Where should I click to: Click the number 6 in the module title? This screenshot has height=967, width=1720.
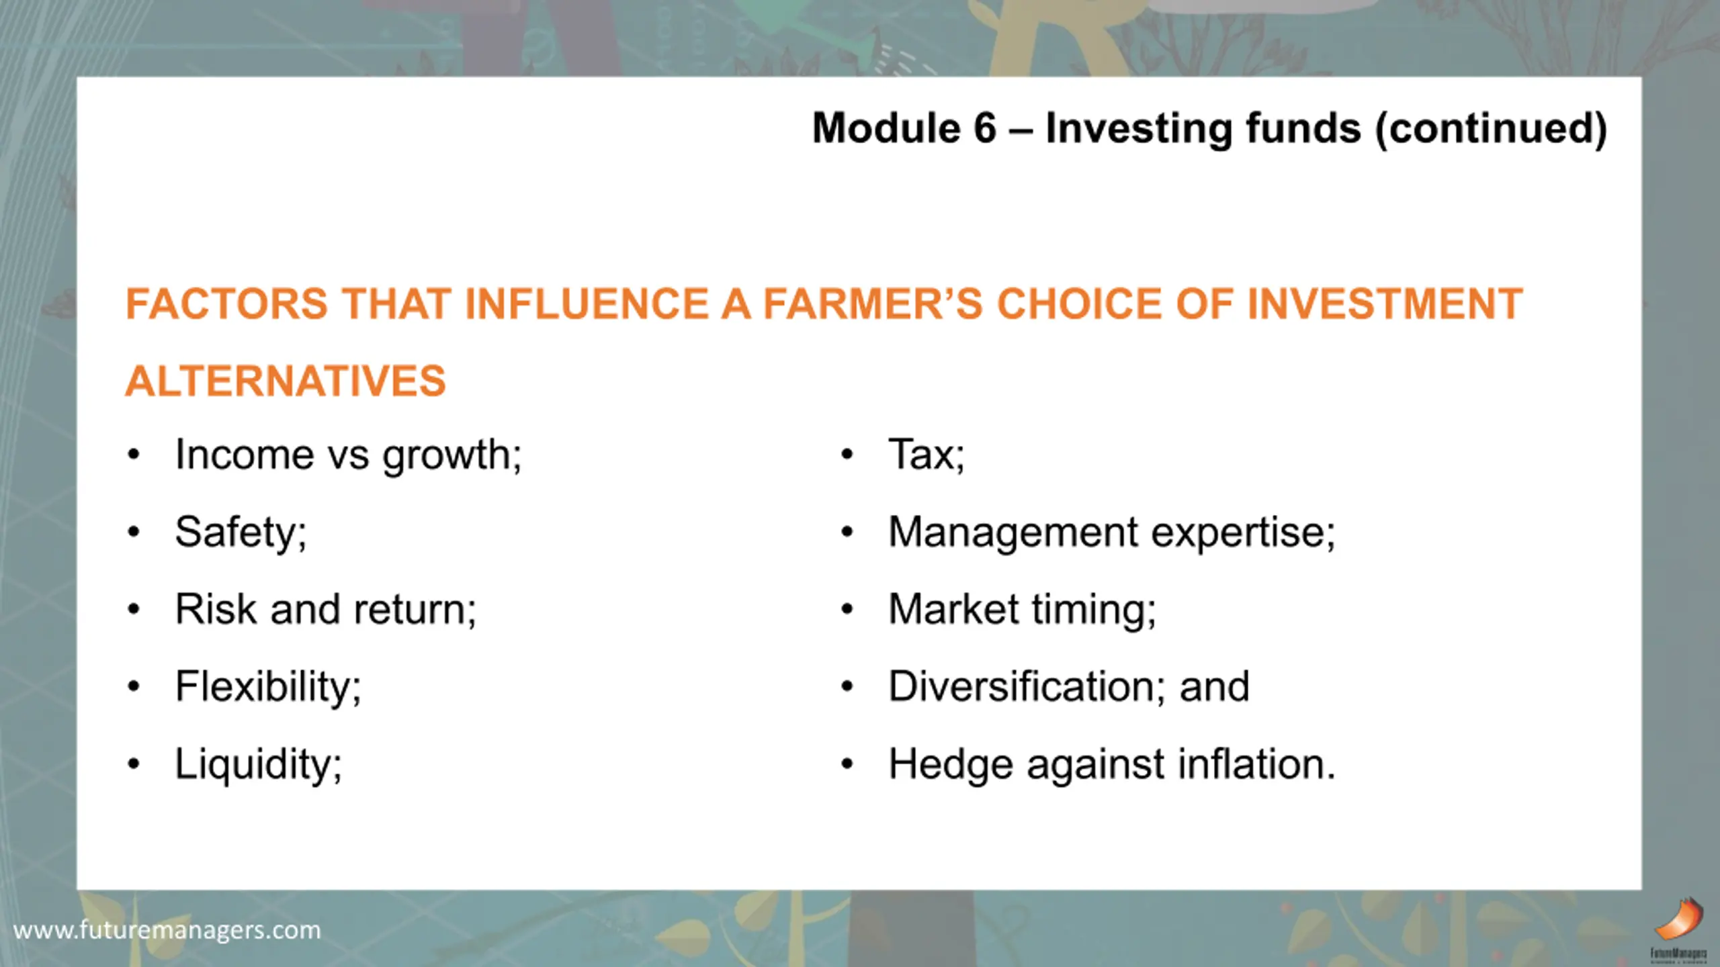click(x=984, y=128)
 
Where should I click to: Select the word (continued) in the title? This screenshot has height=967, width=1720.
click(x=1491, y=129)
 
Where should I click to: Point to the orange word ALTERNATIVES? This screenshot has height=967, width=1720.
click(x=286, y=381)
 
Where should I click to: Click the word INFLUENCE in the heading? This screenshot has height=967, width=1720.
click(x=587, y=304)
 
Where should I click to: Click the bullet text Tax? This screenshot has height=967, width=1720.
click(x=927, y=455)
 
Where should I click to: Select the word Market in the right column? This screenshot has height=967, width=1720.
click(x=953, y=610)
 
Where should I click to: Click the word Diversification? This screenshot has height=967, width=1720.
click(x=1021, y=687)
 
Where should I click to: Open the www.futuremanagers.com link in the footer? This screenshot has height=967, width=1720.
click(x=167, y=931)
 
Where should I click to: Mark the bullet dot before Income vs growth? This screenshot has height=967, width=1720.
click(x=134, y=455)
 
